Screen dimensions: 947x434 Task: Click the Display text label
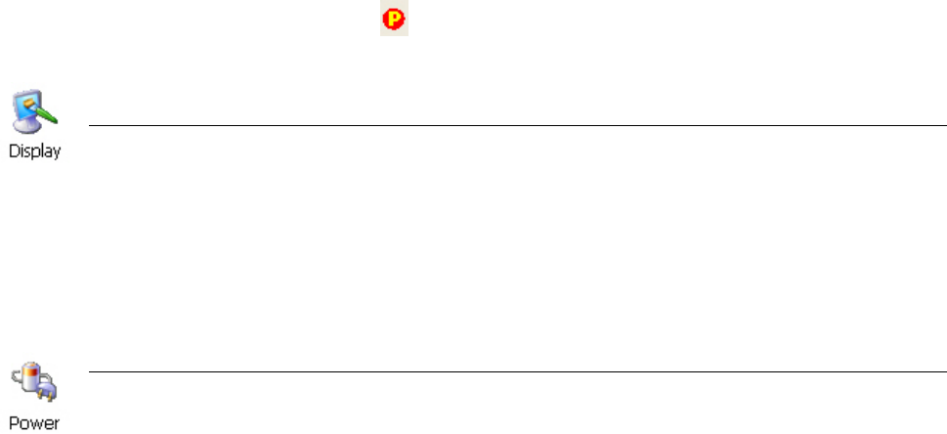point(35,152)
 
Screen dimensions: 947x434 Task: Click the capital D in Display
point(14,152)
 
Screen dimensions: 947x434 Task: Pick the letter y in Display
point(57,153)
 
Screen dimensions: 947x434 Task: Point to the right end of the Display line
point(944,125)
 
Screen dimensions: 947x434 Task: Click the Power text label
point(34,424)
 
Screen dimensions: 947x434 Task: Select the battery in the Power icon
point(32,375)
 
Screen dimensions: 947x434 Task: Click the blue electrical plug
point(45,390)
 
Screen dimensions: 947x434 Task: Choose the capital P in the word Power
point(14,424)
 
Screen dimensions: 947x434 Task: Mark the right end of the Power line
point(944,371)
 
